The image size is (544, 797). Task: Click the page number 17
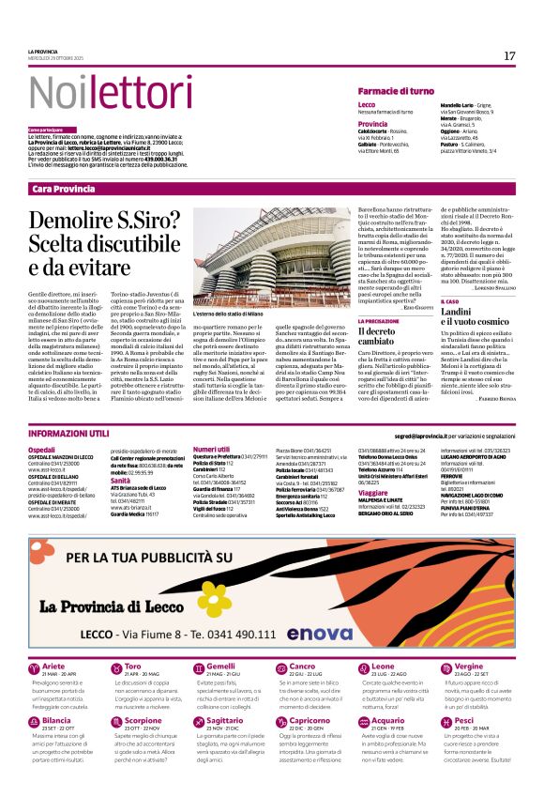pyautogui.click(x=509, y=56)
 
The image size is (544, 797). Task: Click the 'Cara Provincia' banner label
pyautogui.click(x=64, y=190)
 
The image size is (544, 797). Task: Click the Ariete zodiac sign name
pyautogui.click(x=53, y=666)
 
